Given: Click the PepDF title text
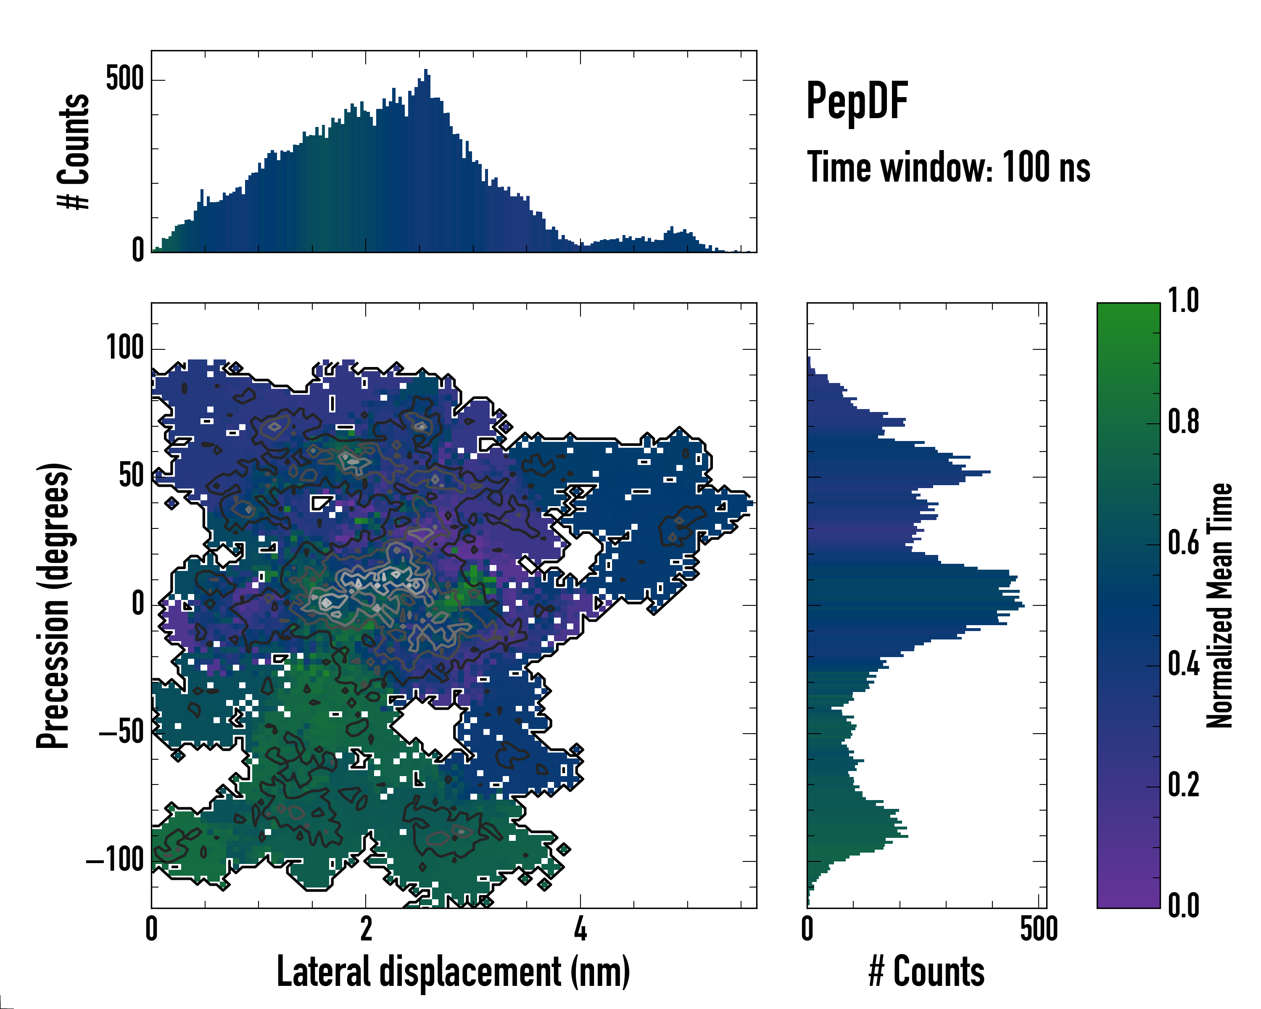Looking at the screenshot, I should [x=856, y=101].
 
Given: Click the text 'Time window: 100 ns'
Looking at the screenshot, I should [x=948, y=167].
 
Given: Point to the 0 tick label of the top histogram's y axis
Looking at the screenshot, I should [x=137, y=250].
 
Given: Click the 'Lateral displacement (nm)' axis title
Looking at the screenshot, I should [x=453, y=972].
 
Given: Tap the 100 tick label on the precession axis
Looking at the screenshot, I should [x=124, y=348].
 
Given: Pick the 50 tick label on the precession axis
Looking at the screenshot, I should [x=131, y=476].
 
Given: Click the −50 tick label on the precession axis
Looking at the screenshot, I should [x=121, y=732].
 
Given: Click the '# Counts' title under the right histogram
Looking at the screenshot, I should [x=926, y=972].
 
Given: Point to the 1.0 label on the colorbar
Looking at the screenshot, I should [x=1183, y=301].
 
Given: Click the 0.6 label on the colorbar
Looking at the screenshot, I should [x=1183, y=543].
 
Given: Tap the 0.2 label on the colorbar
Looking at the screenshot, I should [x=1183, y=785].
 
